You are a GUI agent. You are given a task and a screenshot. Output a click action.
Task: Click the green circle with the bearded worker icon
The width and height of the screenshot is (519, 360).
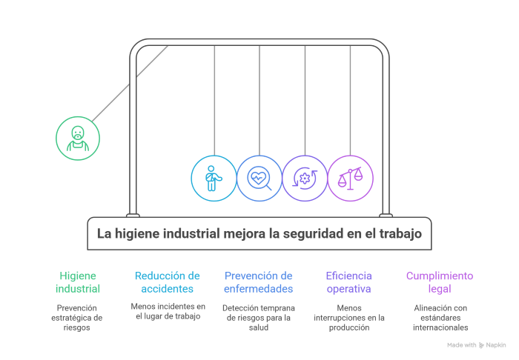(x=78, y=139)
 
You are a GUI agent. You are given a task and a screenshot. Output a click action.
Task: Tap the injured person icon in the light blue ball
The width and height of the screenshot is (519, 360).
(x=213, y=179)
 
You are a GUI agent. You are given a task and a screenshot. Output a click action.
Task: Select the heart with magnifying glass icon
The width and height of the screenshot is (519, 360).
(x=259, y=179)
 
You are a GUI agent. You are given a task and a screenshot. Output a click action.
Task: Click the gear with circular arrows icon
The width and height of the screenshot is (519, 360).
(x=305, y=179)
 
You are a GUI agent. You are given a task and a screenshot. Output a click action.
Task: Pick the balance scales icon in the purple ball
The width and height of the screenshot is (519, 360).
(x=350, y=179)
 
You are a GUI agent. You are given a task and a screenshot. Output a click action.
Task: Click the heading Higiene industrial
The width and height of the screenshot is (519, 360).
(x=78, y=282)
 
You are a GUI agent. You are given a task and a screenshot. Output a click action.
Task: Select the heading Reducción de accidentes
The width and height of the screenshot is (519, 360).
(x=167, y=282)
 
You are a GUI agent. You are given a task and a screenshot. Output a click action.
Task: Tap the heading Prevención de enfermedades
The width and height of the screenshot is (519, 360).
(x=259, y=282)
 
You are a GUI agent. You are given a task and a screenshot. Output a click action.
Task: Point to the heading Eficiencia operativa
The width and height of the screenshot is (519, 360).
(x=349, y=282)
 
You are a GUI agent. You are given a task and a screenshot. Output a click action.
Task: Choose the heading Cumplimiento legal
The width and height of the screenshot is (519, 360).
(x=440, y=282)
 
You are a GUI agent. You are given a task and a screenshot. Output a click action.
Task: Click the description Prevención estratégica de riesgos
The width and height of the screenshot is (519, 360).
(x=77, y=318)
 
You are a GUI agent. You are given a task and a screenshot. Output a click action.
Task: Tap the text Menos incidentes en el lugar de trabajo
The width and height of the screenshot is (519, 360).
(x=168, y=311)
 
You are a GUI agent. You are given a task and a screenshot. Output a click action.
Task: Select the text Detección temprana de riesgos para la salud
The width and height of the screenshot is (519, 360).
(x=259, y=318)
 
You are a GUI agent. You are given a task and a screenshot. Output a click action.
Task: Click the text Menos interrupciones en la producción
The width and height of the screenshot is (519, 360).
(x=349, y=318)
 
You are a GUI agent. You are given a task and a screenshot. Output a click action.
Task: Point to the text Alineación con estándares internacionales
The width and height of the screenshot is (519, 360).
(x=440, y=318)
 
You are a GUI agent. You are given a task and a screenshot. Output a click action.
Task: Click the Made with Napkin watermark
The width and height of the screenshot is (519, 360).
(x=477, y=345)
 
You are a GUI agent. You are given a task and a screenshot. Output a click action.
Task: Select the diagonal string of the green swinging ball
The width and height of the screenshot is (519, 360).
(x=130, y=84)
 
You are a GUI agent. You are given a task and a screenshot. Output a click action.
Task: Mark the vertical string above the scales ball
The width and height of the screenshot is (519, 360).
(x=350, y=101)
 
